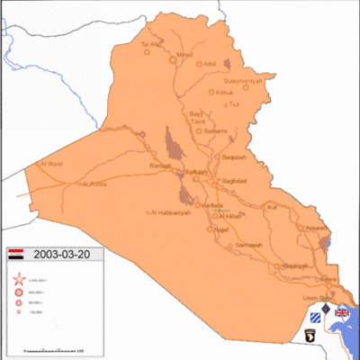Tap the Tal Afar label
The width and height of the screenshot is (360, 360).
click(150, 44)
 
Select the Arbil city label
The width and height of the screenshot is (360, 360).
click(210, 64)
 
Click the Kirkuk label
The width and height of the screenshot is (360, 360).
click(224, 93)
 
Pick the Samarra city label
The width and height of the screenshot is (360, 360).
click(216, 131)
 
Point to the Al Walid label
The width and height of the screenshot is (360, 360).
click(51, 164)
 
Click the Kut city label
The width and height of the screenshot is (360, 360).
click(273, 206)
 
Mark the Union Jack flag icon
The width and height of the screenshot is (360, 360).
click(342, 312)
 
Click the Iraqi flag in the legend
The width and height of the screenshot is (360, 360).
click(17, 255)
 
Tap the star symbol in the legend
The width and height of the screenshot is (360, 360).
click(18, 281)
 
